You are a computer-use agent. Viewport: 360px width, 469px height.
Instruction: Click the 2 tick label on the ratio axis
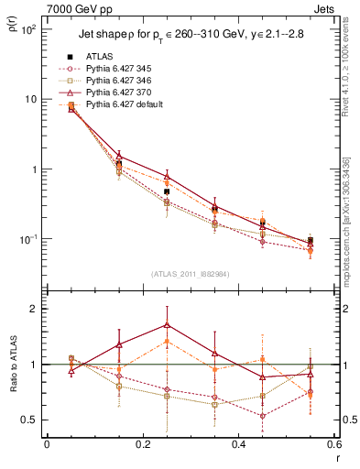(x=32, y=309)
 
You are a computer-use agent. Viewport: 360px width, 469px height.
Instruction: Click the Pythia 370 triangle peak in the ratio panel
(x=166, y=324)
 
